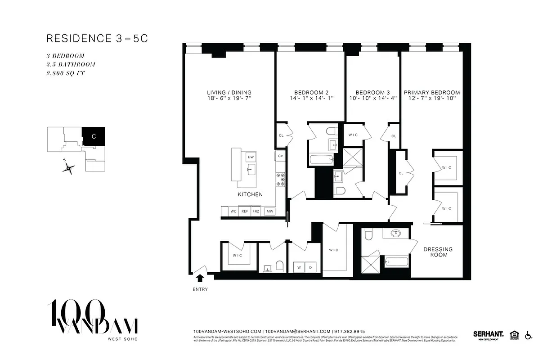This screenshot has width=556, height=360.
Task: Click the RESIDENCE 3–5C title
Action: [97, 39]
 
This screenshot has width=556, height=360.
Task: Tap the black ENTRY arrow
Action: [200, 278]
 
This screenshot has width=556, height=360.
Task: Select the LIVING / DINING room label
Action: [229, 93]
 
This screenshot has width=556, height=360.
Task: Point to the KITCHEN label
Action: [250, 194]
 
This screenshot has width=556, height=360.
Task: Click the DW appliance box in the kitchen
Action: [251, 157]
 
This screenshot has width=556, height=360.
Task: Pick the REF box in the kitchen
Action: [245, 211]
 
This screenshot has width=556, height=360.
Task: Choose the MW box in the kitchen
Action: [269, 211]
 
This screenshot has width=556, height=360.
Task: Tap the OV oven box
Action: [280, 156]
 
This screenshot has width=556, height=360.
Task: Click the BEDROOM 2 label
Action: [310, 93]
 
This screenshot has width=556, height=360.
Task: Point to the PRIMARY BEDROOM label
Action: [431, 93]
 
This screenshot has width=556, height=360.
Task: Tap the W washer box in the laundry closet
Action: [298, 267]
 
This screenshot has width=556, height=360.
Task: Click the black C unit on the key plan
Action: [94, 136]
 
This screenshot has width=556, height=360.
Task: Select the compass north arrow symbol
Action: [68, 168]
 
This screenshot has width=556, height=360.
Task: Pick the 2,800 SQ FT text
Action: [66, 73]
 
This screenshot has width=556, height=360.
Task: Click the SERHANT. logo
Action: [488, 334]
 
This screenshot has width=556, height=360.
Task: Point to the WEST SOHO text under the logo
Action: [121, 339]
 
